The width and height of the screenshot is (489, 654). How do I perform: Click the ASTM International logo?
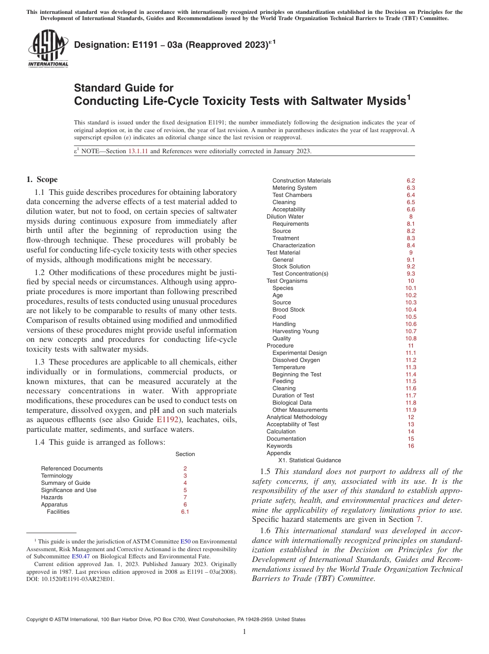tap(47, 48)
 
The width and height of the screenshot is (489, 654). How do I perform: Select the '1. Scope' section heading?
tap(42, 179)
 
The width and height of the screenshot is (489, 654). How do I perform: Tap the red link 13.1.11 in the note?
tap(138, 151)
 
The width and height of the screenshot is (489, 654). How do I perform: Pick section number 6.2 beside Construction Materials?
tap(410, 180)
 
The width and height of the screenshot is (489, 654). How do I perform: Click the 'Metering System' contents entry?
tap(294, 188)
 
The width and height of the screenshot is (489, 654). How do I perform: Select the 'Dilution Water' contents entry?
tap(285, 216)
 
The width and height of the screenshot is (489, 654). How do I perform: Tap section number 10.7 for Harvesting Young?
tap(410, 331)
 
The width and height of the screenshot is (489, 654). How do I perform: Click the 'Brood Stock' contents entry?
tap(288, 310)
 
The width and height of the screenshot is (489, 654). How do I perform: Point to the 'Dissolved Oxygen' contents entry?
tap(296, 360)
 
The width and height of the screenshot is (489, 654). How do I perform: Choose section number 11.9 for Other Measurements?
tap(410, 410)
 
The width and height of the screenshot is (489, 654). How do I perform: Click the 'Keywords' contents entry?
tap(279, 446)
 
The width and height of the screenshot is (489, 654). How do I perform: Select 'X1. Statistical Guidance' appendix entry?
tap(309, 460)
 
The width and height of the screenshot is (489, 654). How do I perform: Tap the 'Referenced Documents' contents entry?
tap(72, 468)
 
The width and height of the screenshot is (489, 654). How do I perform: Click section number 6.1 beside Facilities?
tap(185, 512)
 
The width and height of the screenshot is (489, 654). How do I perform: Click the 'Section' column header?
tap(185, 454)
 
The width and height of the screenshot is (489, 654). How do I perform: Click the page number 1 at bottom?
tap(244, 631)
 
